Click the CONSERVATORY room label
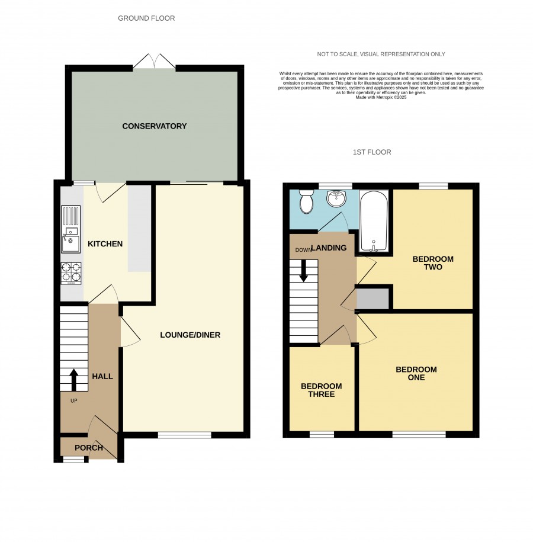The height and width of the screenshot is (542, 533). [154, 126]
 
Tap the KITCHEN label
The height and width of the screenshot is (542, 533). [105, 244]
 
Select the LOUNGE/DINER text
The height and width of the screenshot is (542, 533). [190, 335]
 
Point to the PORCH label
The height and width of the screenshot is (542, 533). [89, 448]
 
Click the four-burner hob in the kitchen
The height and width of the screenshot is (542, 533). [71, 274]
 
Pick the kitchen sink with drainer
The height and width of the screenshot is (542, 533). [71, 229]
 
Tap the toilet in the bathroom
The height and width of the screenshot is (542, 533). [306, 201]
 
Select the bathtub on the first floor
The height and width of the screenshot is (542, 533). [373, 220]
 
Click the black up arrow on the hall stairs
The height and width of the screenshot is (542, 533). [73, 380]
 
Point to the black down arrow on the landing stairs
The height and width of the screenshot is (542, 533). [303, 271]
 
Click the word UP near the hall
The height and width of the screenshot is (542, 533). [73, 401]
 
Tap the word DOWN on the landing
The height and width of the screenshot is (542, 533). [303, 250]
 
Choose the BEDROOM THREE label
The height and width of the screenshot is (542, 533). [321, 390]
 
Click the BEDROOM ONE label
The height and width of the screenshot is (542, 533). [416, 374]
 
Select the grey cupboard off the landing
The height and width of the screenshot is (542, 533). [373, 299]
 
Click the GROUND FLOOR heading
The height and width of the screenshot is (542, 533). [146, 18]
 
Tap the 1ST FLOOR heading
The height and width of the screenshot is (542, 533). [372, 152]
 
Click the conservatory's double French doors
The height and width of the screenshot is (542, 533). [155, 62]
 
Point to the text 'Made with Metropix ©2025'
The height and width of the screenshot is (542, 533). [381, 98]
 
